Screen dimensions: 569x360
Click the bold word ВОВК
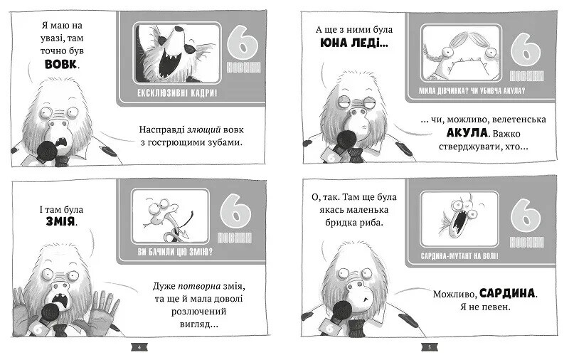[x=60, y=64]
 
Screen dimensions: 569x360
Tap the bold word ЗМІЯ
[x=60, y=221]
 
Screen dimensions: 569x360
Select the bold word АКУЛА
[x=467, y=133]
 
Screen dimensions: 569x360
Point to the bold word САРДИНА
[x=507, y=293]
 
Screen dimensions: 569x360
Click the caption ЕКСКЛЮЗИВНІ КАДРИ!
[x=176, y=93]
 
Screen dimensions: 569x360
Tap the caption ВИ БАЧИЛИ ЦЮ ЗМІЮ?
[x=175, y=251]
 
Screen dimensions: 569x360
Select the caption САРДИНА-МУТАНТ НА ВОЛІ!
[x=459, y=256]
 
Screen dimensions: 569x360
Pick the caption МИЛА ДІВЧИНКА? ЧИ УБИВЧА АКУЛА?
[x=472, y=91]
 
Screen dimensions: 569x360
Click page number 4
[x=139, y=347]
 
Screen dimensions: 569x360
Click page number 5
[x=430, y=347]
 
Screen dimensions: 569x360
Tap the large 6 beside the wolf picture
[x=243, y=43]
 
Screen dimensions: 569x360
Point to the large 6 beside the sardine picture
[x=526, y=216]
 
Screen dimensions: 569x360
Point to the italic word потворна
[x=199, y=286]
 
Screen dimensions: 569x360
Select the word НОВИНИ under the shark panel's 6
[x=526, y=76]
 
